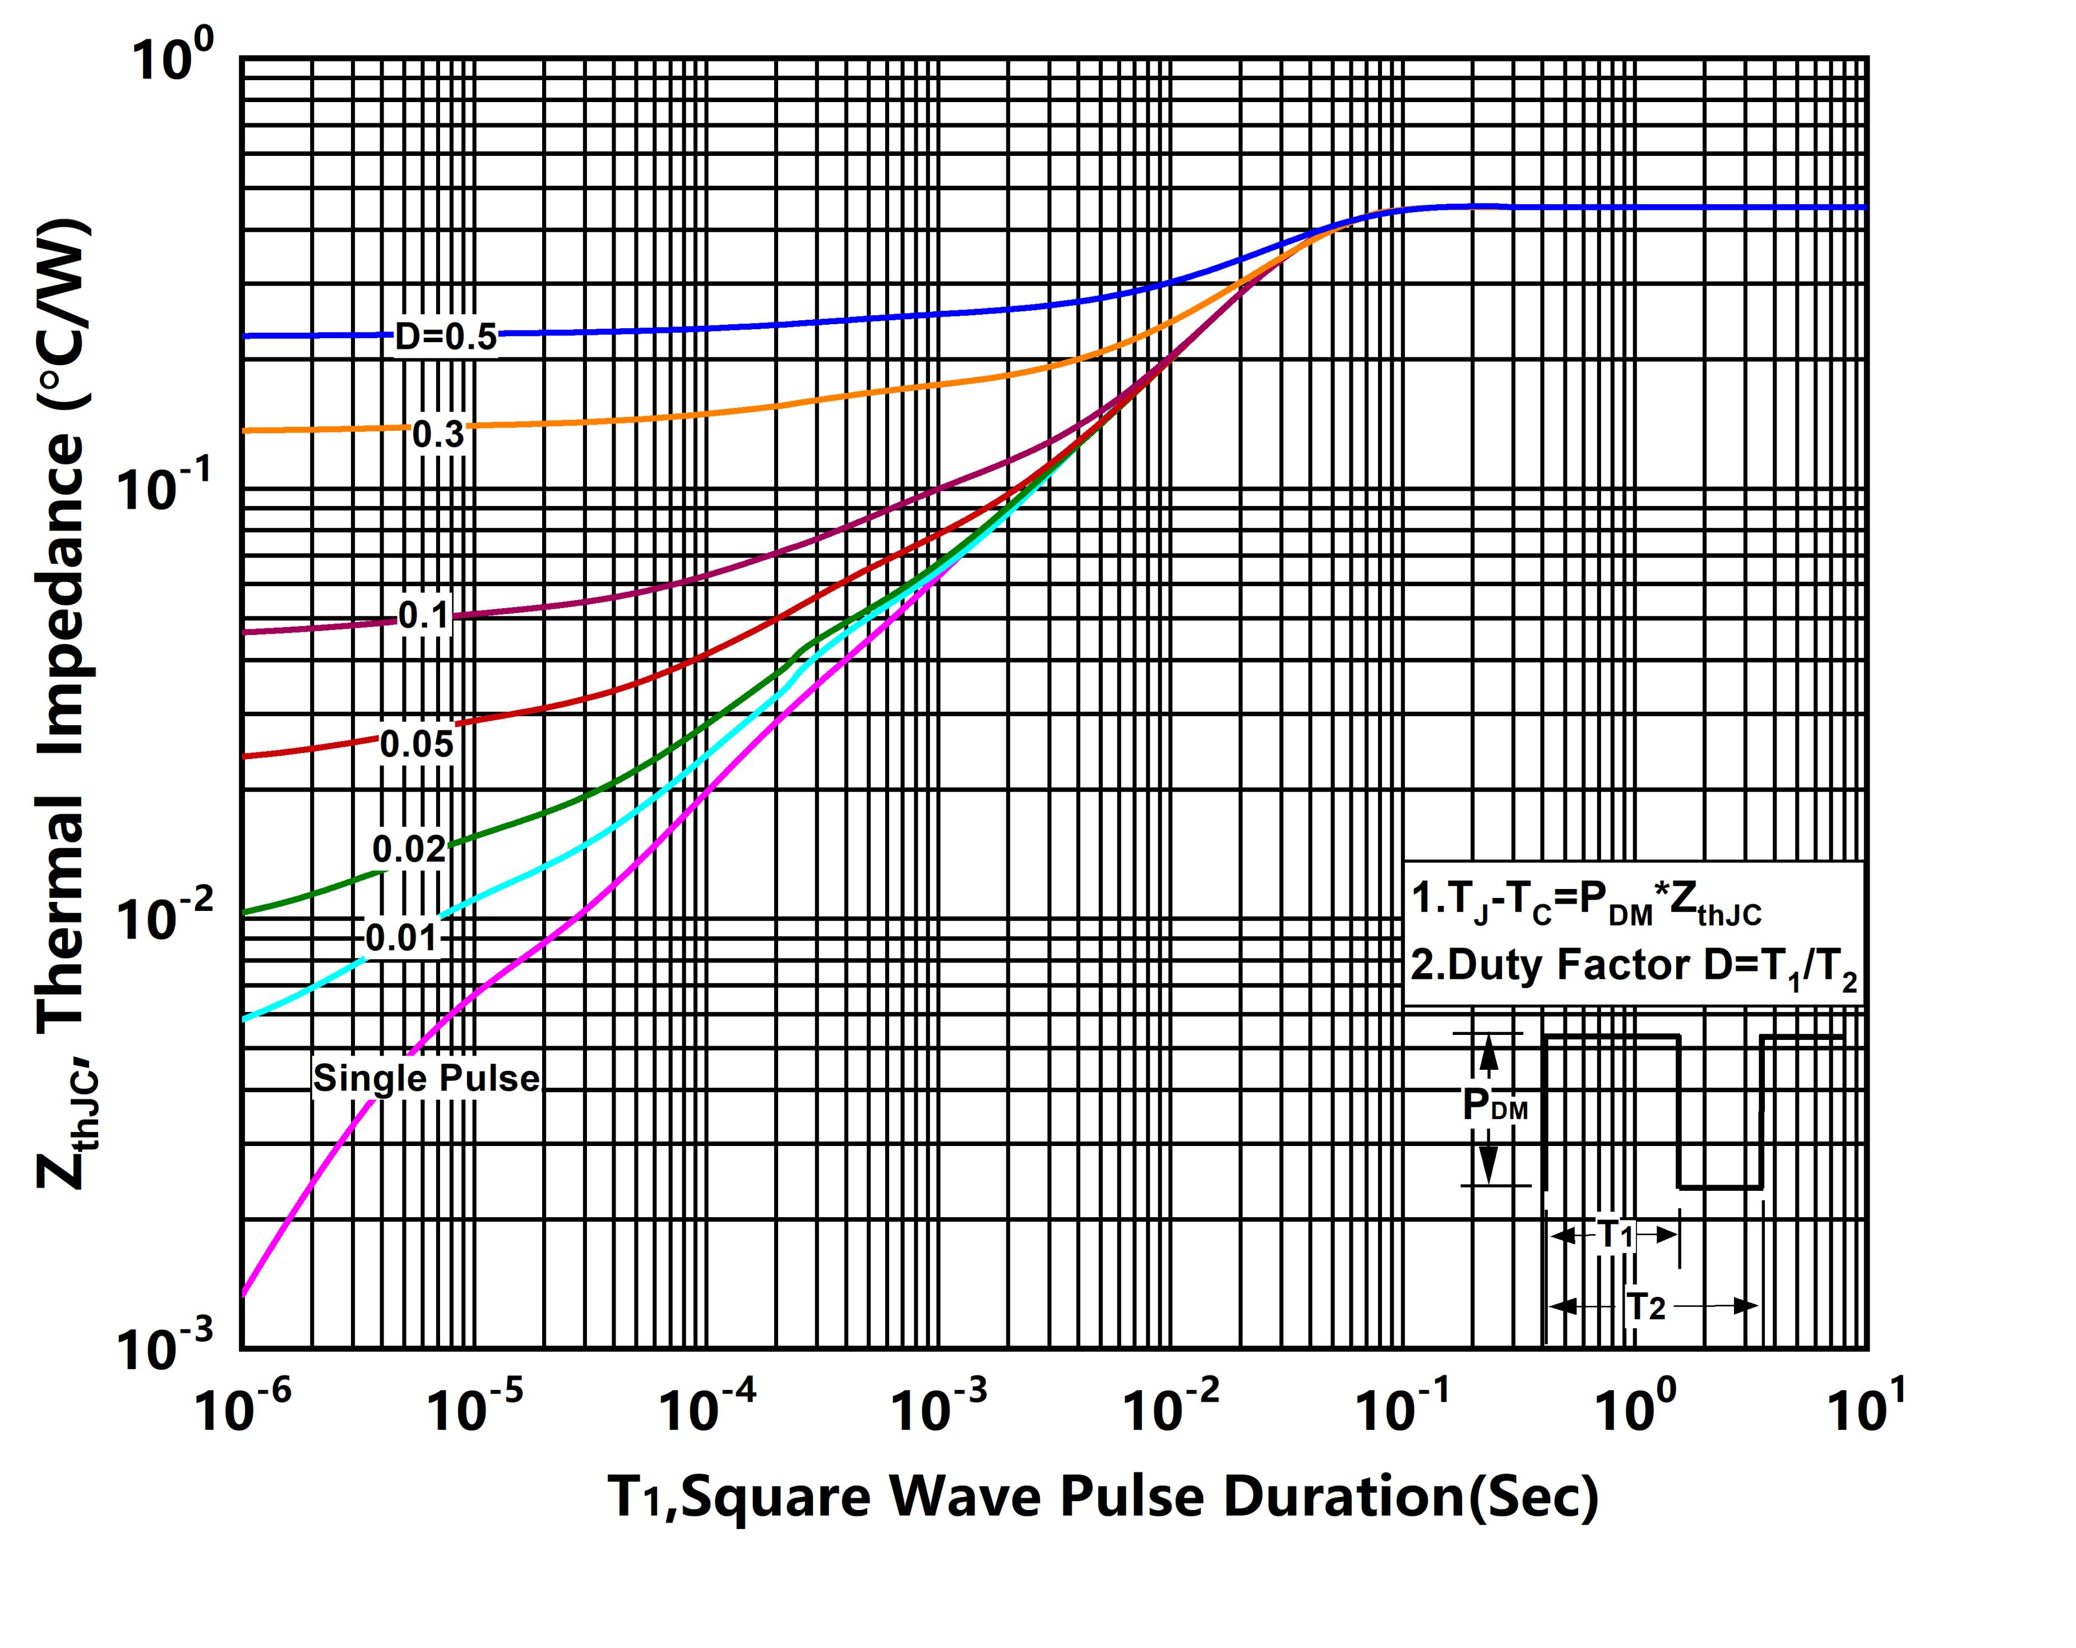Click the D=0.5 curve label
(446, 337)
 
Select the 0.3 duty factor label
(438, 434)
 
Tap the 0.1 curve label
(424, 615)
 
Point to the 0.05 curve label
(416, 744)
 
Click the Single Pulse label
(426, 1078)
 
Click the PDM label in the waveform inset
(1494, 1105)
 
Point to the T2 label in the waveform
(1645, 1307)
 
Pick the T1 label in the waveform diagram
(1617, 1234)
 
